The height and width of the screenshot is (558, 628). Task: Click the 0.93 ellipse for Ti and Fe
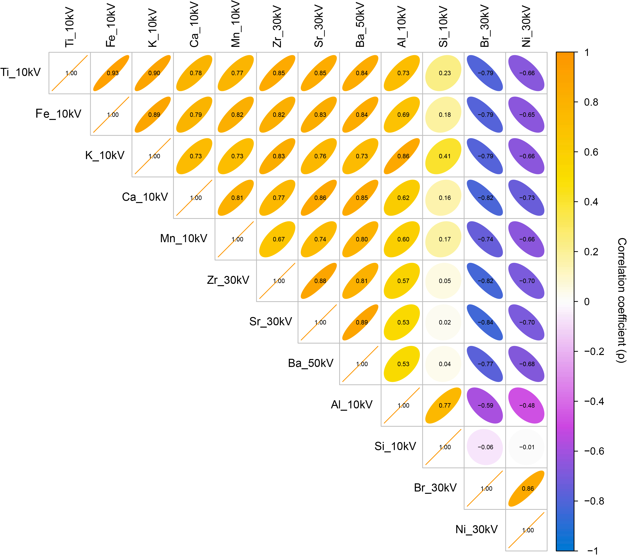(111, 73)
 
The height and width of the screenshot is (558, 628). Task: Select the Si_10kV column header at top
(443, 27)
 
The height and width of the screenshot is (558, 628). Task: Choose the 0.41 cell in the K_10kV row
(443, 156)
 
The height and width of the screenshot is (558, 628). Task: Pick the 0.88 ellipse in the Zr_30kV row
(319, 281)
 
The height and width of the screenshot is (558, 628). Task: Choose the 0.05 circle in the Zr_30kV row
(443, 281)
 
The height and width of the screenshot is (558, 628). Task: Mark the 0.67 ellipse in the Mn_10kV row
(277, 239)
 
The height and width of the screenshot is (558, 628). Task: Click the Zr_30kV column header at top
(277, 26)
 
